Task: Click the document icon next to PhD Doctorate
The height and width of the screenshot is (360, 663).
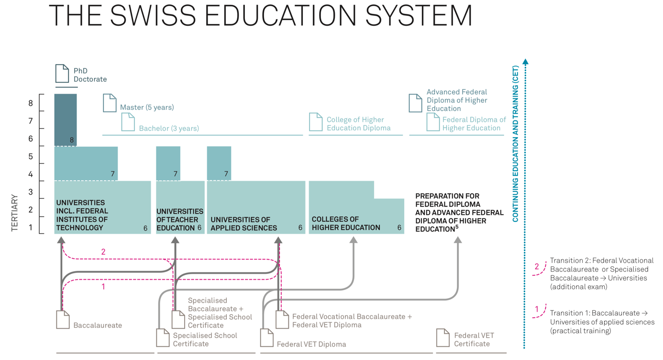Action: [x=62, y=74]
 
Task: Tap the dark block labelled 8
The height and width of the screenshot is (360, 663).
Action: [x=66, y=120]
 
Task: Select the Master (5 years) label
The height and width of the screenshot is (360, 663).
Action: [x=147, y=107]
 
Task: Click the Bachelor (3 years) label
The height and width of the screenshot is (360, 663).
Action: [x=169, y=128]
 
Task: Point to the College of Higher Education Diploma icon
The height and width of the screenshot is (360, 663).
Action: [x=315, y=122]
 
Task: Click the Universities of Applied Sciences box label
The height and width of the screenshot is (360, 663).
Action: [x=243, y=224]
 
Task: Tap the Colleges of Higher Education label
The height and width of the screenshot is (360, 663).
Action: [x=346, y=223]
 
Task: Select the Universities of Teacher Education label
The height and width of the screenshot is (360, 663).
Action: [x=179, y=219]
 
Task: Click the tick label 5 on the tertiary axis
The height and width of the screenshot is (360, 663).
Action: [x=31, y=156]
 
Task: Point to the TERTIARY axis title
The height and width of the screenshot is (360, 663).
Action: [x=15, y=213]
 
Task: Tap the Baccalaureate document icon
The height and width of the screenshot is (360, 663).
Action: [x=63, y=320]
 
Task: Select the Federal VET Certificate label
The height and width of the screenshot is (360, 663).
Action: [x=474, y=339]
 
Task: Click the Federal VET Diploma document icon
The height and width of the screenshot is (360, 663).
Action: [x=266, y=338]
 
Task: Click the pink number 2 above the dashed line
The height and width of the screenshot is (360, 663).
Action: [x=103, y=252]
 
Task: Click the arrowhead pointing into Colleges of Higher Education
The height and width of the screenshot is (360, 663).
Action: [x=354, y=240]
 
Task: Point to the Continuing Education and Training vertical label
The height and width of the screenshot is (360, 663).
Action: [x=515, y=144]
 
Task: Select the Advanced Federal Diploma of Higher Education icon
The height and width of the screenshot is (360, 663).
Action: [x=415, y=103]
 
